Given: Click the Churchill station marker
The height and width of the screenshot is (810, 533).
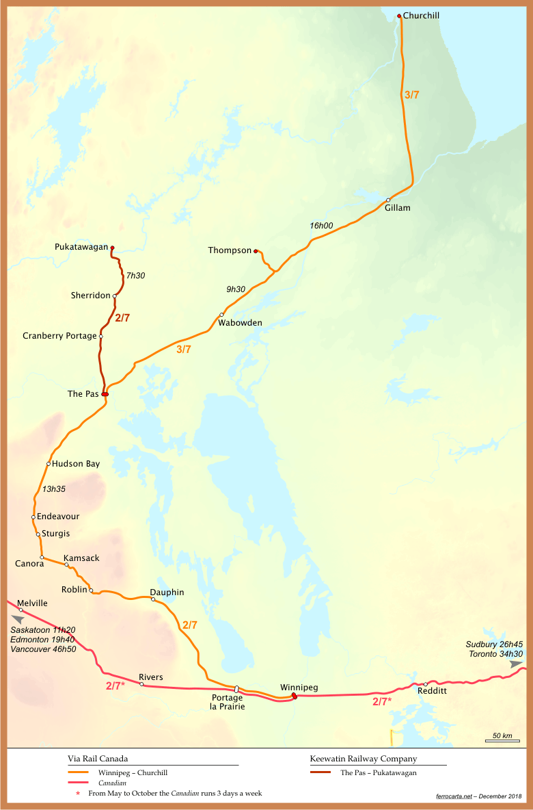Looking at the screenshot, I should (x=399, y=16).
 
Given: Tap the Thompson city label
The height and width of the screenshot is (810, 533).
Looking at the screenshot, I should (x=230, y=250).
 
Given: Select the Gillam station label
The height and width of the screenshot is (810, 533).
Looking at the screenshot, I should (x=397, y=208).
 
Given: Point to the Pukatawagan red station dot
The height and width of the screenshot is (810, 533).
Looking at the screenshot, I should (x=112, y=248).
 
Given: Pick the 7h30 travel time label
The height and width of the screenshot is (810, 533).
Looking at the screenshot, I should (x=136, y=276).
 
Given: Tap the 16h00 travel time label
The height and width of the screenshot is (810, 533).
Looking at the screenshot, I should (x=321, y=226).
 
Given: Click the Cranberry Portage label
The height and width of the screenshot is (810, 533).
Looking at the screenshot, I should (x=59, y=336).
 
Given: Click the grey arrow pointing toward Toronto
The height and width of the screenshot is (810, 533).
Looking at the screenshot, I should (x=516, y=664).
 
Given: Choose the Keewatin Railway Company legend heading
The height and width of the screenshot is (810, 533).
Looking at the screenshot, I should (x=363, y=759).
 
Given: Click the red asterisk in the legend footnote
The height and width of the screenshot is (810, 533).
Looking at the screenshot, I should (x=78, y=794).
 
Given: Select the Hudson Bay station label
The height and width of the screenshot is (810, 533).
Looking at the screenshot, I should (x=76, y=464).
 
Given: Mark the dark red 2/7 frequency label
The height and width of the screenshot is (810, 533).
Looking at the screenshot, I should (x=123, y=318).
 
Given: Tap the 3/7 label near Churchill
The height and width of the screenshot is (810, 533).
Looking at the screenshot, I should (x=412, y=96).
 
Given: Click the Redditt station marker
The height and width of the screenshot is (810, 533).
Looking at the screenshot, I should (x=426, y=684).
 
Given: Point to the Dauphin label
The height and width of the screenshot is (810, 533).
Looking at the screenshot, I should (x=167, y=592).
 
